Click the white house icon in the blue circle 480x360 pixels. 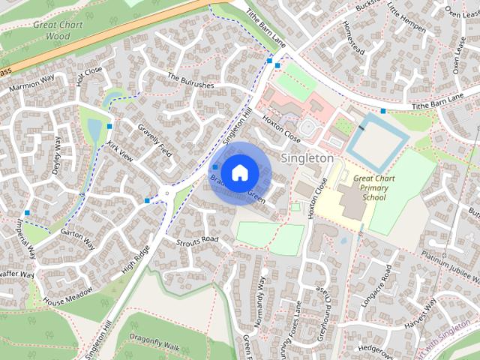(x=239, y=172)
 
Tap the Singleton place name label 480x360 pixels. (x=307, y=158)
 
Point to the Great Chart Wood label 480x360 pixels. (x=58, y=30)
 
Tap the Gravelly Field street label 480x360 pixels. (x=155, y=140)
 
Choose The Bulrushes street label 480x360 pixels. (x=190, y=81)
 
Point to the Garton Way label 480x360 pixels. (x=78, y=238)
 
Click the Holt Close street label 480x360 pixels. (x=89, y=76)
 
